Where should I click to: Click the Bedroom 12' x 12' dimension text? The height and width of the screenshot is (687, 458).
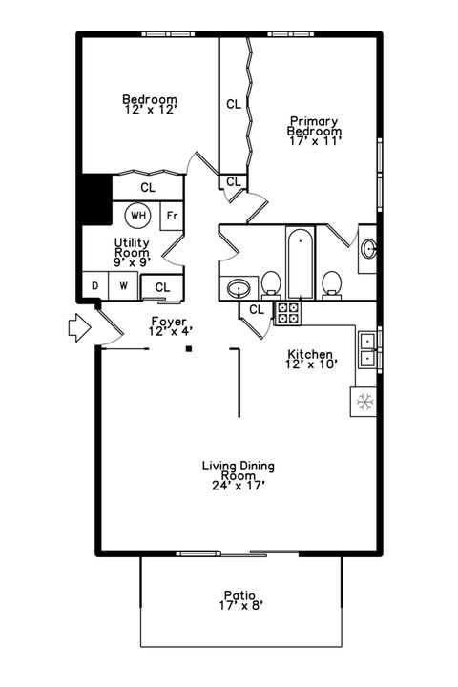(150, 112)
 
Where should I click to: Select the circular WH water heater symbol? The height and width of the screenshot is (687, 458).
(138, 216)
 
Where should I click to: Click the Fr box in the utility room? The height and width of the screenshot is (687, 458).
(172, 216)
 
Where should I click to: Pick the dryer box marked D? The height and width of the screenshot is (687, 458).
(95, 285)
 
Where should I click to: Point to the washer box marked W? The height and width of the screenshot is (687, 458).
(123, 285)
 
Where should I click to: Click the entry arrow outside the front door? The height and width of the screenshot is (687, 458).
(78, 328)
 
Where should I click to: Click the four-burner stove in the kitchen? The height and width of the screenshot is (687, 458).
(287, 311)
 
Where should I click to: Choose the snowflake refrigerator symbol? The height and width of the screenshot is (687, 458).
(364, 402)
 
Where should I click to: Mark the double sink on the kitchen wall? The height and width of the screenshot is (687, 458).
(367, 349)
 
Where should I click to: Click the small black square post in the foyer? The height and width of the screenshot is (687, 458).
(189, 349)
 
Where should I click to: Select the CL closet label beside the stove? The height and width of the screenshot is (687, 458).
(257, 309)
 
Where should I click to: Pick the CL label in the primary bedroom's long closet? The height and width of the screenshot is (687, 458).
(234, 104)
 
